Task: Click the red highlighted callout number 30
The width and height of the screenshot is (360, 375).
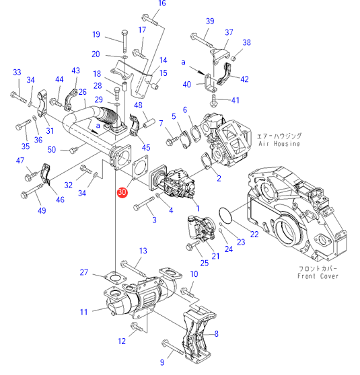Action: (122, 192)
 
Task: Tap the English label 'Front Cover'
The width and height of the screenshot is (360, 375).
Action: (318, 276)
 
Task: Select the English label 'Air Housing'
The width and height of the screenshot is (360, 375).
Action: (279, 144)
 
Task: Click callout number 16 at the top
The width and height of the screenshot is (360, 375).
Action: (162, 3)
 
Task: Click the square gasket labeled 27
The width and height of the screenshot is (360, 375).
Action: (115, 278)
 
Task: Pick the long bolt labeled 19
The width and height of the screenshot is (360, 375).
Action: (124, 42)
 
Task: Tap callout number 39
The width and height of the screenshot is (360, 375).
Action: (210, 21)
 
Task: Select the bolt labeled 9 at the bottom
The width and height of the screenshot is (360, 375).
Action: (173, 347)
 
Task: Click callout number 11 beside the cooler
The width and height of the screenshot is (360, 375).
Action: (84, 312)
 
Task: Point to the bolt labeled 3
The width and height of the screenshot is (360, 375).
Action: (144, 203)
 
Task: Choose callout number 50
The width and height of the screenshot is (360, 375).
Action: (52, 150)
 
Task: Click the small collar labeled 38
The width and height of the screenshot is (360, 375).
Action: (233, 58)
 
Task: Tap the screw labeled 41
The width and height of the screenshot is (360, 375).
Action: (213, 101)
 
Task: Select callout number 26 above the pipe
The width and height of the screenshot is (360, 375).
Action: (82, 92)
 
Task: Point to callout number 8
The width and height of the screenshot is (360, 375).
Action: (216, 333)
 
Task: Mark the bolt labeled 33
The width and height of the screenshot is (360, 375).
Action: (18, 97)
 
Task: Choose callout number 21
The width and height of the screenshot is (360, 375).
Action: (215, 256)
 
